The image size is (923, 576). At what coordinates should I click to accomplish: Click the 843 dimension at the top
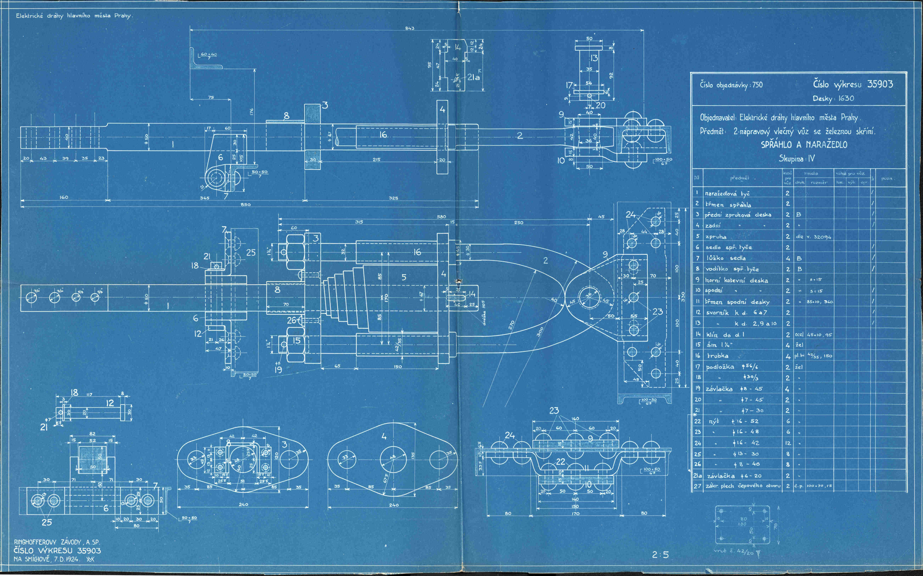coord(409,28)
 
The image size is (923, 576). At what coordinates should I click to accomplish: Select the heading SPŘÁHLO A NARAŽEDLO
coord(803,145)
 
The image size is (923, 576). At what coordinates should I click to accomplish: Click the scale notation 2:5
coord(660,555)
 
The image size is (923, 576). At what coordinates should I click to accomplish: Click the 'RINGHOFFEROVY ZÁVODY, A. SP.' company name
coord(57,542)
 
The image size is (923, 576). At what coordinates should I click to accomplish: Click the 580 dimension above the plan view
coord(441,217)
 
